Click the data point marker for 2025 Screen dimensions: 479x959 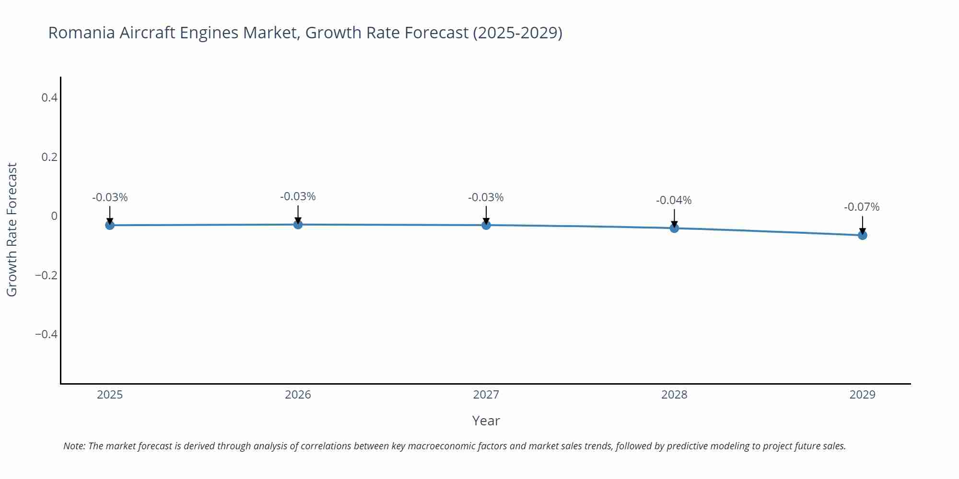[110, 225]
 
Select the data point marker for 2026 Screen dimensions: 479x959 [298, 224]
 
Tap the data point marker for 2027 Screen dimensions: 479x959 [486, 225]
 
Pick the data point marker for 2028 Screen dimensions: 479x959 [674, 228]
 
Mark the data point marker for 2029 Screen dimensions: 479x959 [862, 235]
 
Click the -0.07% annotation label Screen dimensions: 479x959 [862, 207]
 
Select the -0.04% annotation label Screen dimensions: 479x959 [674, 200]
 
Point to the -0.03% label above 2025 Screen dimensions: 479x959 [110, 197]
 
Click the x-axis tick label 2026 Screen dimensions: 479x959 [298, 395]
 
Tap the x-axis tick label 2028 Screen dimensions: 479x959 [674, 395]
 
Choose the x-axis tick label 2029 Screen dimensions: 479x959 [862, 395]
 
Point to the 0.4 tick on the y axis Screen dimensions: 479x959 [49, 98]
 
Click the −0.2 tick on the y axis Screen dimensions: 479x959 [46, 275]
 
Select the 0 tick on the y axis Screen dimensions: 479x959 [54, 216]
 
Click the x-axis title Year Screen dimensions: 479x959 [486, 421]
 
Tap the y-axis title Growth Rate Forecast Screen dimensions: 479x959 [12, 229]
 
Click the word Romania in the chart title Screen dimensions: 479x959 [82, 33]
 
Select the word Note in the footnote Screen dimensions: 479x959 [74, 446]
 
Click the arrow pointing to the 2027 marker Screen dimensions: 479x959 [486, 215]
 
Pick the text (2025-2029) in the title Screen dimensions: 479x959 [517, 33]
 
